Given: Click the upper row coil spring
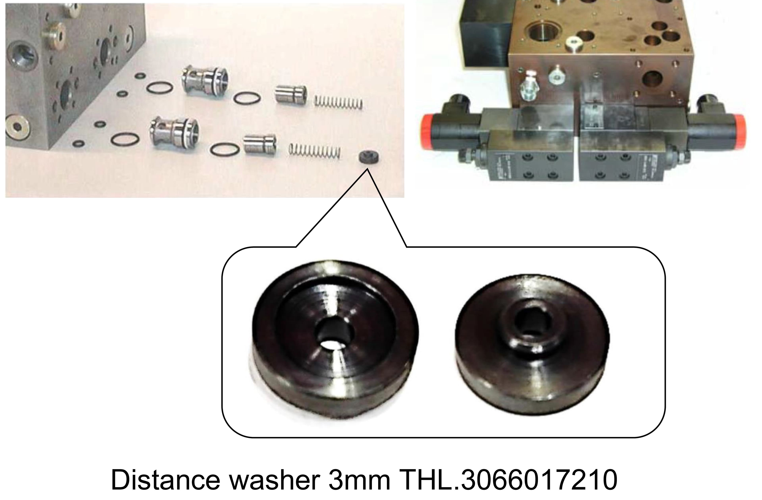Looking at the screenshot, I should click(339, 103).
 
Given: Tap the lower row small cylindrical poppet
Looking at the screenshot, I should click(259, 145).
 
